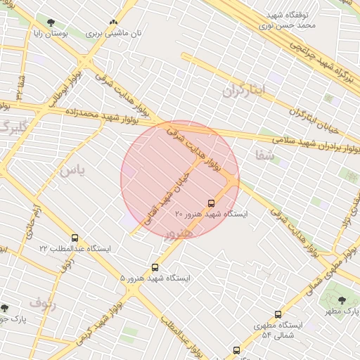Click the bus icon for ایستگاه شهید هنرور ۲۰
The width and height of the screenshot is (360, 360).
click(x=212, y=203)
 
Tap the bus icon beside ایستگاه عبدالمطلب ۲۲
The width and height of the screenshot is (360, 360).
click(x=75, y=238)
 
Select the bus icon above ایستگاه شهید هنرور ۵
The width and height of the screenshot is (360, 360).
click(x=155, y=267)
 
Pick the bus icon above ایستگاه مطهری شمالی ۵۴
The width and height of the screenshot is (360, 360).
click(x=278, y=314)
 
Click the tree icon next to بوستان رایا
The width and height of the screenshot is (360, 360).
click(x=51, y=22)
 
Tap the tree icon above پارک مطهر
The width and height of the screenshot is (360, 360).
click(x=342, y=300)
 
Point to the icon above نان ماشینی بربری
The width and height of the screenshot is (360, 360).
click(x=113, y=22)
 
